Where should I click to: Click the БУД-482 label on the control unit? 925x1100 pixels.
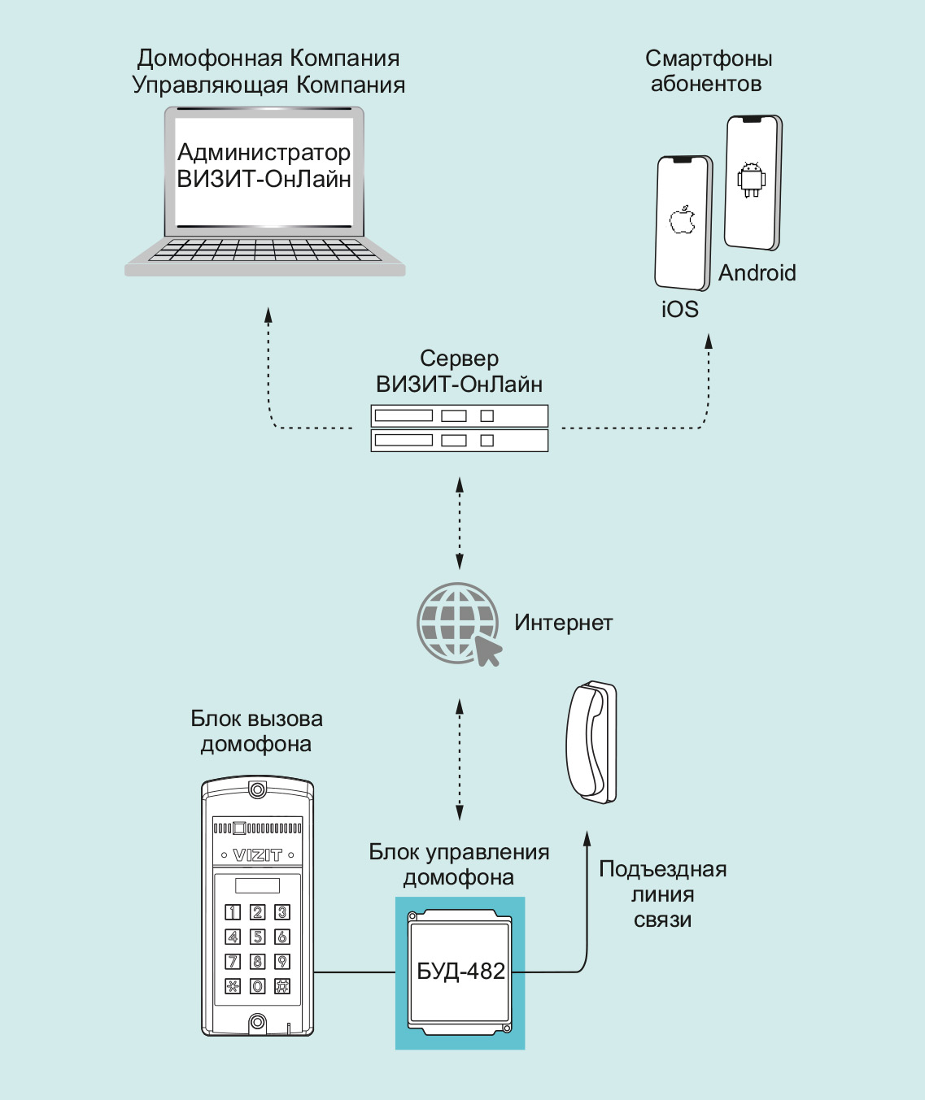tap(460, 972)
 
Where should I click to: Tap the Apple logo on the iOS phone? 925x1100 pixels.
tap(683, 220)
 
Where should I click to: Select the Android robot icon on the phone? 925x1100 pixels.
tap(751, 179)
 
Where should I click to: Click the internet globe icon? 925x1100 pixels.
tap(457, 623)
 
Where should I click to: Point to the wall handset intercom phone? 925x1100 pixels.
tap(592, 741)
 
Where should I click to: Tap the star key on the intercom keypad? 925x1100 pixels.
tap(233, 986)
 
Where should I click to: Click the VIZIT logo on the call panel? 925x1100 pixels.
tap(257, 855)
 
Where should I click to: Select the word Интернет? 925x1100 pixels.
tap(563, 623)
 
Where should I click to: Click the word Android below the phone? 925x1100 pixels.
tap(757, 273)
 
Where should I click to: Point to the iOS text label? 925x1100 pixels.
tap(680, 309)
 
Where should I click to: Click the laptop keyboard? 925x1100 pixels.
tap(265, 250)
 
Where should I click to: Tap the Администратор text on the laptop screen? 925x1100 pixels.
tap(264, 153)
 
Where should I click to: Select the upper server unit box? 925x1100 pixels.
tap(459, 415)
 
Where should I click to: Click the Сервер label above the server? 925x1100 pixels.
tap(459, 359)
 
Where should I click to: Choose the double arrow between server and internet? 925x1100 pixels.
tap(460, 523)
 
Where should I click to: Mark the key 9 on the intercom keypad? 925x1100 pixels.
tap(282, 962)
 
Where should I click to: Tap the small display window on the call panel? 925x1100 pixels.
tap(257, 885)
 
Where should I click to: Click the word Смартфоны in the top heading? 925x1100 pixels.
tap(709, 59)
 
